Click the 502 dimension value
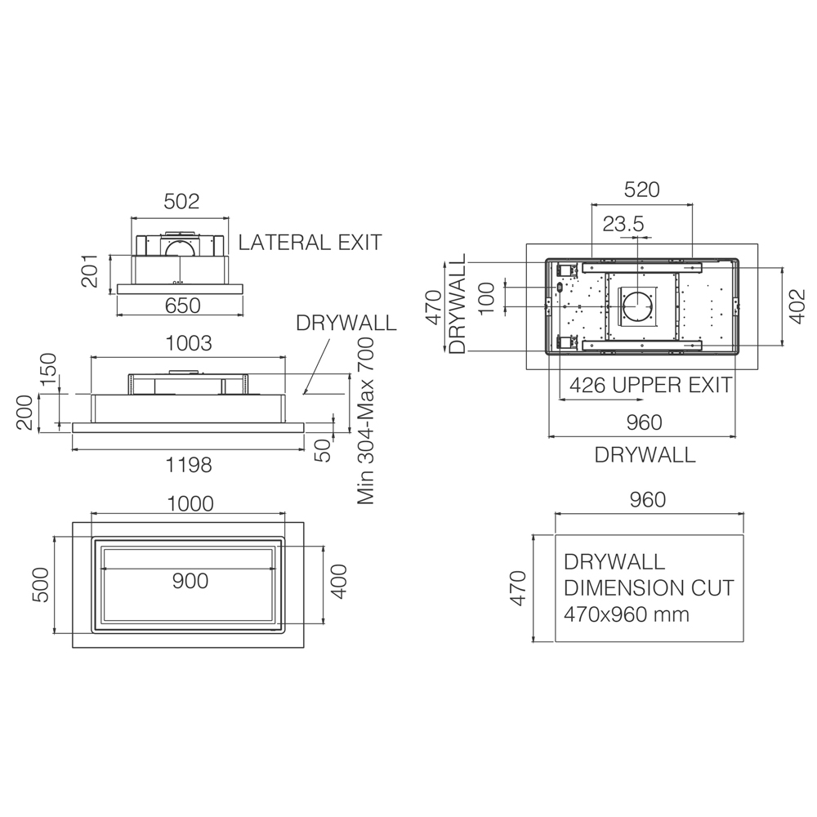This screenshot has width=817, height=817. point(181,202)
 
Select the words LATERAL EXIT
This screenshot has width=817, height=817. point(310,243)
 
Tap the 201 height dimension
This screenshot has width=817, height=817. point(90,271)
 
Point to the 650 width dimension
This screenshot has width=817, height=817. point(182,306)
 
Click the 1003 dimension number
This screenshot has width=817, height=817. point(189,344)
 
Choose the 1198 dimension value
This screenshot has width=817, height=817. point(189,465)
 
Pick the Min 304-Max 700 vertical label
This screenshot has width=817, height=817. point(366,421)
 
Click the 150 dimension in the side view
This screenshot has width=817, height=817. point(48,369)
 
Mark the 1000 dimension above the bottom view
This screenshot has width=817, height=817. point(190,504)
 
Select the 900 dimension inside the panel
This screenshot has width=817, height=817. point(190,581)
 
